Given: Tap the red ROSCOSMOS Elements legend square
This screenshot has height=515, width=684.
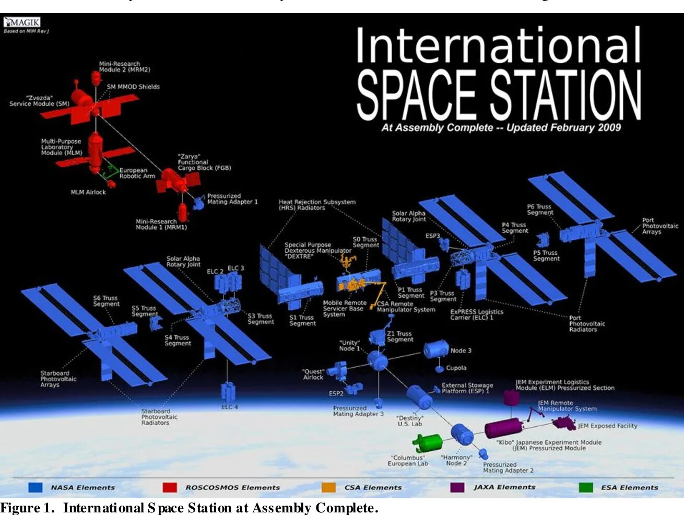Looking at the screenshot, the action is [x=170, y=487].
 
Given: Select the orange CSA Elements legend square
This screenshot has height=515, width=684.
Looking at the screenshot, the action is [x=328, y=487].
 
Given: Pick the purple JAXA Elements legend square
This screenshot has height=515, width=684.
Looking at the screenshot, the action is [x=457, y=487].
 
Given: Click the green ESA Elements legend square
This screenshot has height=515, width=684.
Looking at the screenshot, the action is [x=586, y=487].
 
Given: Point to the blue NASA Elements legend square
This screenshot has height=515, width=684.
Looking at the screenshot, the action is [x=35, y=487].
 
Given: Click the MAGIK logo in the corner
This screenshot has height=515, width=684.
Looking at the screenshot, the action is [x=22, y=22].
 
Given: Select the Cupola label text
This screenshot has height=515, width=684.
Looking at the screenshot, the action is [x=456, y=368].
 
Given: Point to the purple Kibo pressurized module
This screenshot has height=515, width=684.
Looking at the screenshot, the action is [x=502, y=427].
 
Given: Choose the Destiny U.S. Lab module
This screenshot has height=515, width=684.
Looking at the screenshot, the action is [x=419, y=397].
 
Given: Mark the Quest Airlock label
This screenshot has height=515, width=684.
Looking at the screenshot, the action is [x=313, y=374].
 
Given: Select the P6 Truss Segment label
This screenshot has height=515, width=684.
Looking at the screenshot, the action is [x=539, y=209].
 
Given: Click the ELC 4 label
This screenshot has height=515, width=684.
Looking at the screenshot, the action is [x=229, y=407].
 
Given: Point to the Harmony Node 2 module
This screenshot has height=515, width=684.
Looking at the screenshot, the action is [x=462, y=435].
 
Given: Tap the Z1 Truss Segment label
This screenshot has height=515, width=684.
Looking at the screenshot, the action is [x=399, y=336].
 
